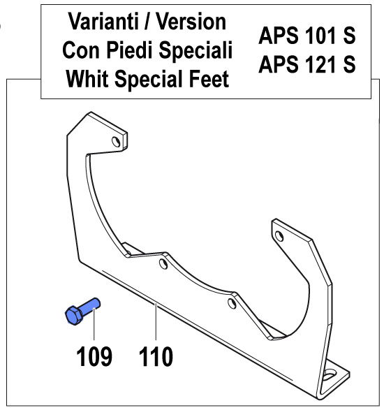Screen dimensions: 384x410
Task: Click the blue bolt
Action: (x=82, y=311)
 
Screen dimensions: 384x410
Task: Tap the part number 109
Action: (x=94, y=356)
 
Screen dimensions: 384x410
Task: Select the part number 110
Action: (x=156, y=356)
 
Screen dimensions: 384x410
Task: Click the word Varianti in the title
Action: (x=103, y=22)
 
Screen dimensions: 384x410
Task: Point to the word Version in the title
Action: (x=191, y=22)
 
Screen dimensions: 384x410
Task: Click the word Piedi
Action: (x=130, y=50)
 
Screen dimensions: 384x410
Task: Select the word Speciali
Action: (x=195, y=51)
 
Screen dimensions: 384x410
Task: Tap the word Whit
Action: (x=87, y=78)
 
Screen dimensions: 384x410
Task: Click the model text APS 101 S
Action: (x=307, y=36)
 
